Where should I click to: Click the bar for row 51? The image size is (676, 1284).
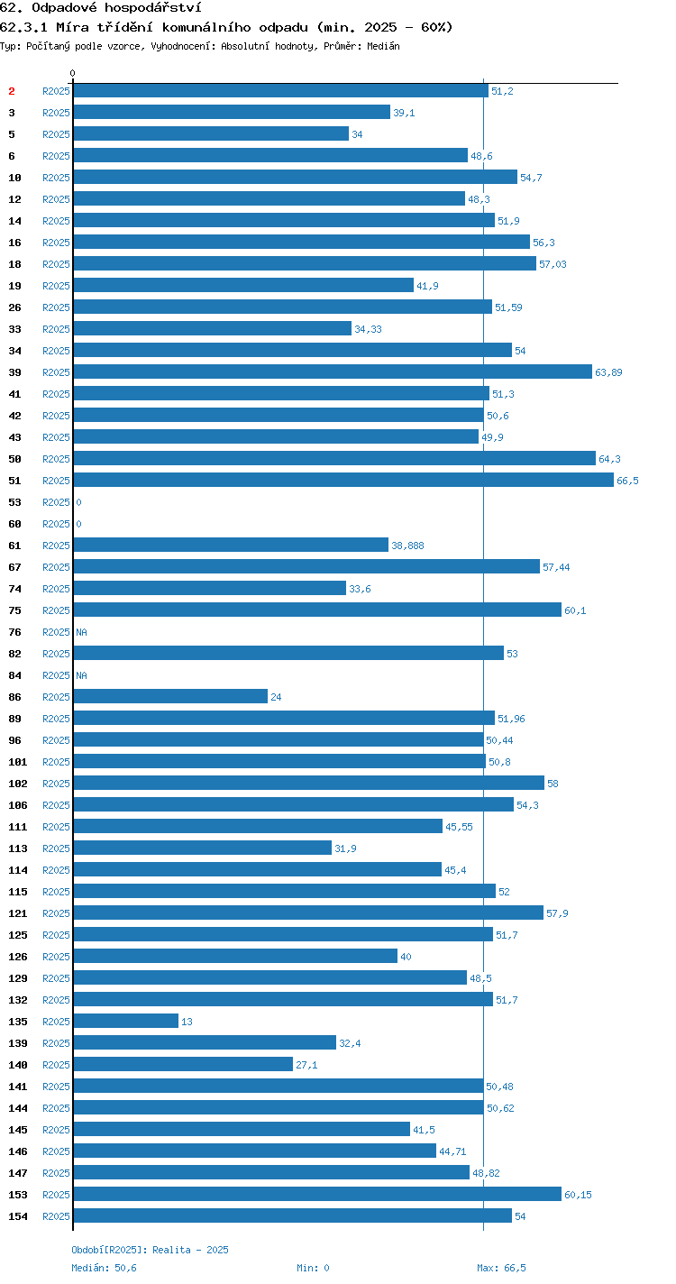(x=343, y=480)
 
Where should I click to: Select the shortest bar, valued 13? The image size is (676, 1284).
(x=126, y=1021)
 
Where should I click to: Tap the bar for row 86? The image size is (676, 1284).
(x=170, y=696)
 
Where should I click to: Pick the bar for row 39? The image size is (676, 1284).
(x=333, y=371)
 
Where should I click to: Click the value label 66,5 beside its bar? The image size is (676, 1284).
(x=627, y=481)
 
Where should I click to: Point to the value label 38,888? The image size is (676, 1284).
(x=407, y=546)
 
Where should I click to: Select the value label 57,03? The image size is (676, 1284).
(x=553, y=264)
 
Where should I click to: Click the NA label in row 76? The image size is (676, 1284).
(x=81, y=632)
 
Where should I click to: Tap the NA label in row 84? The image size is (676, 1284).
(x=81, y=676)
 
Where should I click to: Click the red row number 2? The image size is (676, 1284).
(x=12, y=91)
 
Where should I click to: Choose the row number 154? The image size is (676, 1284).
(x=18, y=1216)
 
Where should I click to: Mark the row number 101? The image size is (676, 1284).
(x=18, y=762)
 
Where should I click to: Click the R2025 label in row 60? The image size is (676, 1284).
(x=56, y=524)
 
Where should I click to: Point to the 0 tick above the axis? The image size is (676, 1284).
(x=72, y=73)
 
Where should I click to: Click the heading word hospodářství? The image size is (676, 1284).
(x=153, y=8)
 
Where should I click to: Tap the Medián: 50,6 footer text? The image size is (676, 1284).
(x=104, y=1268)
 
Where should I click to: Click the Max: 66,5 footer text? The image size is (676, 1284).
(x=501, y=1268)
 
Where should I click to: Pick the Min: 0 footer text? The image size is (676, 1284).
(x=313, y=1268)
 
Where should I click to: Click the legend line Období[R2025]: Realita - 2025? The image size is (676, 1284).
(x=150, y=1250)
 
